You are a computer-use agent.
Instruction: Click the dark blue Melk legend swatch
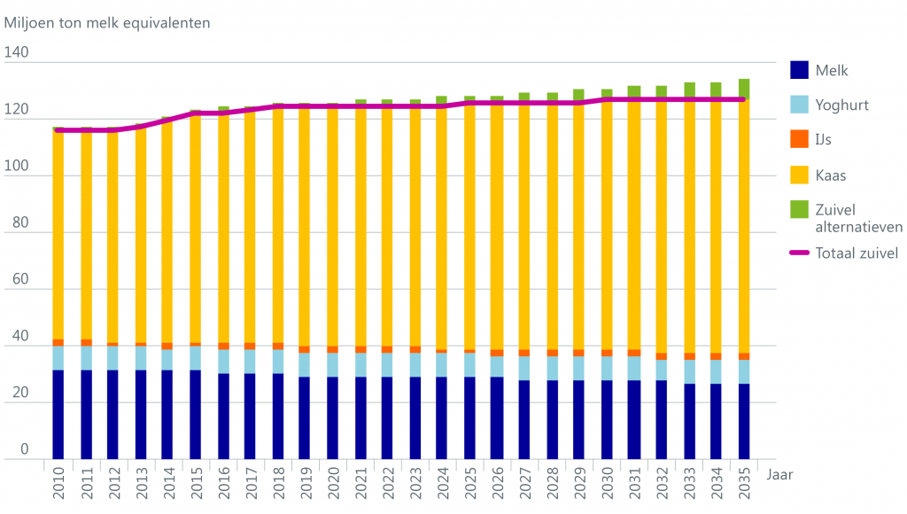coord(800,70)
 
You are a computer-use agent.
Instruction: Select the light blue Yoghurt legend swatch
coord(800,105)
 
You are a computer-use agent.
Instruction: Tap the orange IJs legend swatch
coord(800,139)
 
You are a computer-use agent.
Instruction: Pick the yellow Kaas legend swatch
coord(800,175)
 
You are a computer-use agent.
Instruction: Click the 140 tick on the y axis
coord(17,53)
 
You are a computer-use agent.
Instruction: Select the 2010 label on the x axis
coord(58,484)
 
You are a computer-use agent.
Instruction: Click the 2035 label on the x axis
coord(743,484)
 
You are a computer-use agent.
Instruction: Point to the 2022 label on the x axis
coord(387,484)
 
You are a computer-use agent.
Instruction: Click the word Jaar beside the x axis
coord(780,474)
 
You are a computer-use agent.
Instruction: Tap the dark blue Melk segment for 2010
coord(58,415)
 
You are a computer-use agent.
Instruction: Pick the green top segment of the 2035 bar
coord(743,88)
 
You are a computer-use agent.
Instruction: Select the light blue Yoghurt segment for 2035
coord(743,371)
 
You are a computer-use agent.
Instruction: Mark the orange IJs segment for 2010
coord(58,342)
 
